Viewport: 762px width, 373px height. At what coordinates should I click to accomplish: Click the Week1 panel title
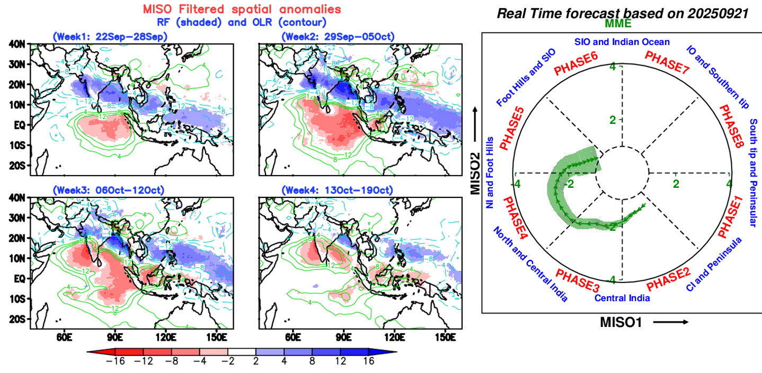110,37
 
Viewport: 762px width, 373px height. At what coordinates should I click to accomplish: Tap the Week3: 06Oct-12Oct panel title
110,190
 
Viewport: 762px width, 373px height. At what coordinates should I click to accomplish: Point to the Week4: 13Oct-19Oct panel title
338,190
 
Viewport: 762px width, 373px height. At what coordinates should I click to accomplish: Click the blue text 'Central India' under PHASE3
622,298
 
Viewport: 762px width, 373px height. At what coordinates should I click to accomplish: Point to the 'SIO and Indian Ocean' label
622,42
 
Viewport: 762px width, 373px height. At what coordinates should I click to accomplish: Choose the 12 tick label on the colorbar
340,361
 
